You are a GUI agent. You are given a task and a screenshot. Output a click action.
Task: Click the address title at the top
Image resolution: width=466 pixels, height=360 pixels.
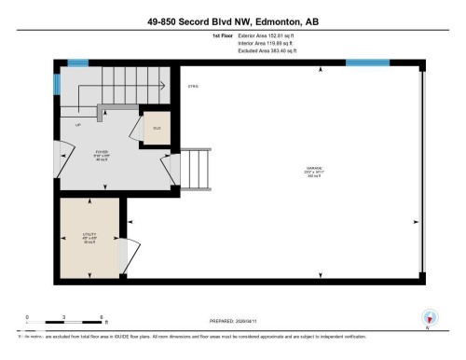[x=232, y=21]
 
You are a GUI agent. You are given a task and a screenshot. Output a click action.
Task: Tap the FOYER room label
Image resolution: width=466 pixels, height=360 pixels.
[x=102, y=152]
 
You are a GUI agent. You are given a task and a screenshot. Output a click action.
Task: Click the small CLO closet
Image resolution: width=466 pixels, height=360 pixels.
[x=156, y=130]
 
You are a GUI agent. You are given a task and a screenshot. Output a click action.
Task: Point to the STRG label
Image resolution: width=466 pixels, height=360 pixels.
[x=194, y=87]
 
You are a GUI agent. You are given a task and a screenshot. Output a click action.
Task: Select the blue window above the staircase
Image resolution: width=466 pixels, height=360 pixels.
[x=77, y=62]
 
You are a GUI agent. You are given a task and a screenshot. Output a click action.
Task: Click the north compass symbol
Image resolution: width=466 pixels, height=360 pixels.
[x=429, y=317]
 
